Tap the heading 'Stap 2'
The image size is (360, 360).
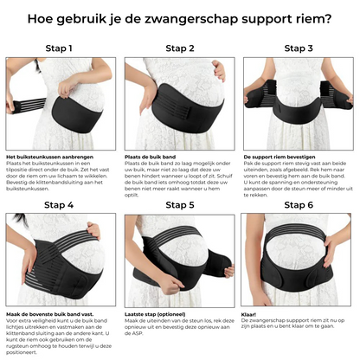(179, 49)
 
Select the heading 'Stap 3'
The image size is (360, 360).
(300, 49)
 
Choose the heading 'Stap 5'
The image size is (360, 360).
(179, 205)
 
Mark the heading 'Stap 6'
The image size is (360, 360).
(300, 205)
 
